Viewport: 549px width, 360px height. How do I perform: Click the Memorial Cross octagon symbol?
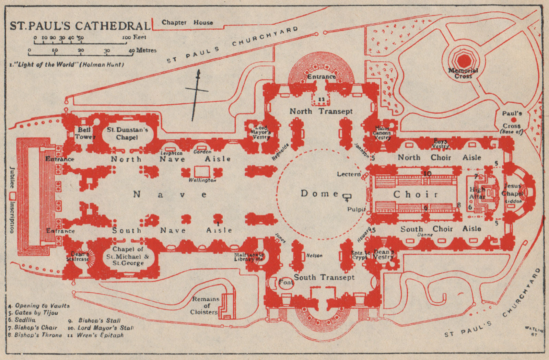click(x=464, y=60)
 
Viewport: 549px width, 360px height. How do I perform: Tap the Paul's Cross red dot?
click(x=514, y=120)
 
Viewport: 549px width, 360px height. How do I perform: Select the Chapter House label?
click(x=187, y=23)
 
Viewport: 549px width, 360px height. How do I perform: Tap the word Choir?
click(x=416, y=194)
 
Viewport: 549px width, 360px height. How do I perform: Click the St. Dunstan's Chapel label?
click(x=127, y=133)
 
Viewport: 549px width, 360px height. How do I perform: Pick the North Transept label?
click(x=321, y=111)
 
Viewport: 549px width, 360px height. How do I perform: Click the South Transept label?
click(x=324, y=277)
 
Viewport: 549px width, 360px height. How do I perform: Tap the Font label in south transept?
click(x=286, y=282)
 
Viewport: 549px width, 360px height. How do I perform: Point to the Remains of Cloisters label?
click(x=206, y=305)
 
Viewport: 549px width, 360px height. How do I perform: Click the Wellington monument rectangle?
click(x=202, y=172)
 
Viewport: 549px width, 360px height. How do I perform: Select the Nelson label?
click(x=314, y=255)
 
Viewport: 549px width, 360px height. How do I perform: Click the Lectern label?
click(x=349, y=174)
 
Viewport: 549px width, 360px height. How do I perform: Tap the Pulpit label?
click(x=357, y=209)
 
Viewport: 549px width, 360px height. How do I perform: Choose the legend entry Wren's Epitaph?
click(x=100, y=335)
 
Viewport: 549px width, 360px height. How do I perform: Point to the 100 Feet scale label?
click(x=134, y=37)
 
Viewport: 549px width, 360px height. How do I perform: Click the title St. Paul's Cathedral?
click(x=80, y=26)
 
